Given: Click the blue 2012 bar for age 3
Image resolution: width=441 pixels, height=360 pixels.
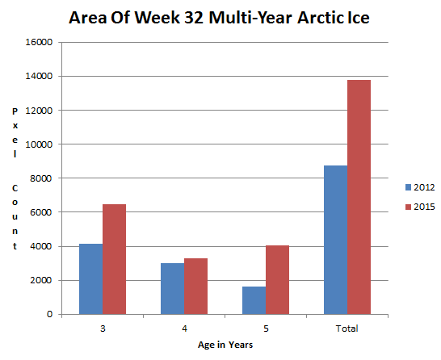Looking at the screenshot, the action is click(90, 278).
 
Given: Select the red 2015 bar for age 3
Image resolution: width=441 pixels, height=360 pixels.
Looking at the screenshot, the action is click(114, 259).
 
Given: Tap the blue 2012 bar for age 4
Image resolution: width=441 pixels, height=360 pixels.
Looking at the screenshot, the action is click(172, 289).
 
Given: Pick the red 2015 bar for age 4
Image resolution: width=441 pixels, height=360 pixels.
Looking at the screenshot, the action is click(195, 286).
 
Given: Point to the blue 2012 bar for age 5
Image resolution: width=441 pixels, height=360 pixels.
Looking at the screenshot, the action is click(254, 300).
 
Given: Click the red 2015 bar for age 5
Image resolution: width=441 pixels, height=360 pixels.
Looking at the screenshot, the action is click(277, 280).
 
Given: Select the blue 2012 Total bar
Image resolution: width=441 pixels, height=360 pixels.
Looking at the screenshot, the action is click(335, 240).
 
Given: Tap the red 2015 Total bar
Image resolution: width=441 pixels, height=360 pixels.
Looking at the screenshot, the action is click(359, 197).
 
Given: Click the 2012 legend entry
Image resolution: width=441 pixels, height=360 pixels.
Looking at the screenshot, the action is click(420, 187).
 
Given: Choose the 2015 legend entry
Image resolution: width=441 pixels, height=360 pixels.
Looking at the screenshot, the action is click(420, 207).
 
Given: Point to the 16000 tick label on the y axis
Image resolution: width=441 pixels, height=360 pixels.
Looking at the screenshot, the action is click(39, 42).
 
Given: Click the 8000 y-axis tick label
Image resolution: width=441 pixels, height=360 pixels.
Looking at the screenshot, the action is click(41, 178).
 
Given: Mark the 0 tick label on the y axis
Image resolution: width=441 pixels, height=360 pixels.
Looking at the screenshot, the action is click(50, 314).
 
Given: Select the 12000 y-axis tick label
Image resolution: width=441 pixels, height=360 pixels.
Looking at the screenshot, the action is click(39, 111).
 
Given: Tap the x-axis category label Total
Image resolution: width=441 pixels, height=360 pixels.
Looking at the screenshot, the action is click(347, 329).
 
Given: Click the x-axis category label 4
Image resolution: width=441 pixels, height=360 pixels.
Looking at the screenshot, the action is click(184, 329).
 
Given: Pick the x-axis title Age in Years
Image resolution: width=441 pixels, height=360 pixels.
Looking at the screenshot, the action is click(225, 345).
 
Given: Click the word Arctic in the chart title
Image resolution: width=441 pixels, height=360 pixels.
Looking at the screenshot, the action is click(317, 18).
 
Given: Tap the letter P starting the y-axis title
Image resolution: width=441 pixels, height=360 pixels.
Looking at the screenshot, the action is click(15, 111).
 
